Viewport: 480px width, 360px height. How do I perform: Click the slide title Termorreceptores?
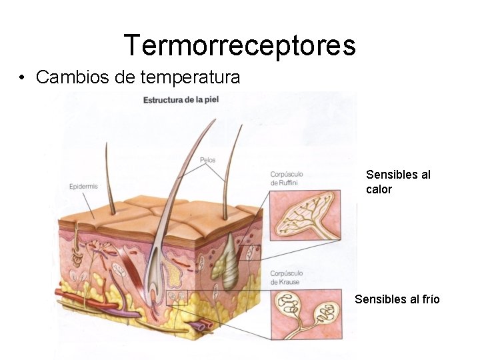coord(239,45)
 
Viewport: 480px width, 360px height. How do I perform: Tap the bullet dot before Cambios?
coord(23,78)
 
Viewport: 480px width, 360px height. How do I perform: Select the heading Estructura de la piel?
coord(181,100)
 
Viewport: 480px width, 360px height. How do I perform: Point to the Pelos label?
coord(207,160)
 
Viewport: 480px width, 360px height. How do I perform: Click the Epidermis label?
coord(83,187)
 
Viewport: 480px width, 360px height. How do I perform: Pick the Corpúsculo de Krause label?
coord(287,277)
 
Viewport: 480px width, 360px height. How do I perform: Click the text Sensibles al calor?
coord(398,181)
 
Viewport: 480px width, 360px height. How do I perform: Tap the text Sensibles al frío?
coord(397,299)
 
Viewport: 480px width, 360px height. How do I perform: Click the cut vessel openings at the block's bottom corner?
coord(201,326)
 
